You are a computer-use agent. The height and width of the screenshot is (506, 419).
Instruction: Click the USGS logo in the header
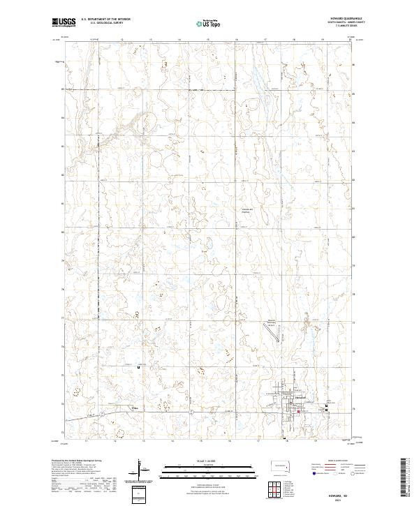(64, 22)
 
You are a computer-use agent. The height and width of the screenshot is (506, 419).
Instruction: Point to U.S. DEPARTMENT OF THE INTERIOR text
(101, 20)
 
